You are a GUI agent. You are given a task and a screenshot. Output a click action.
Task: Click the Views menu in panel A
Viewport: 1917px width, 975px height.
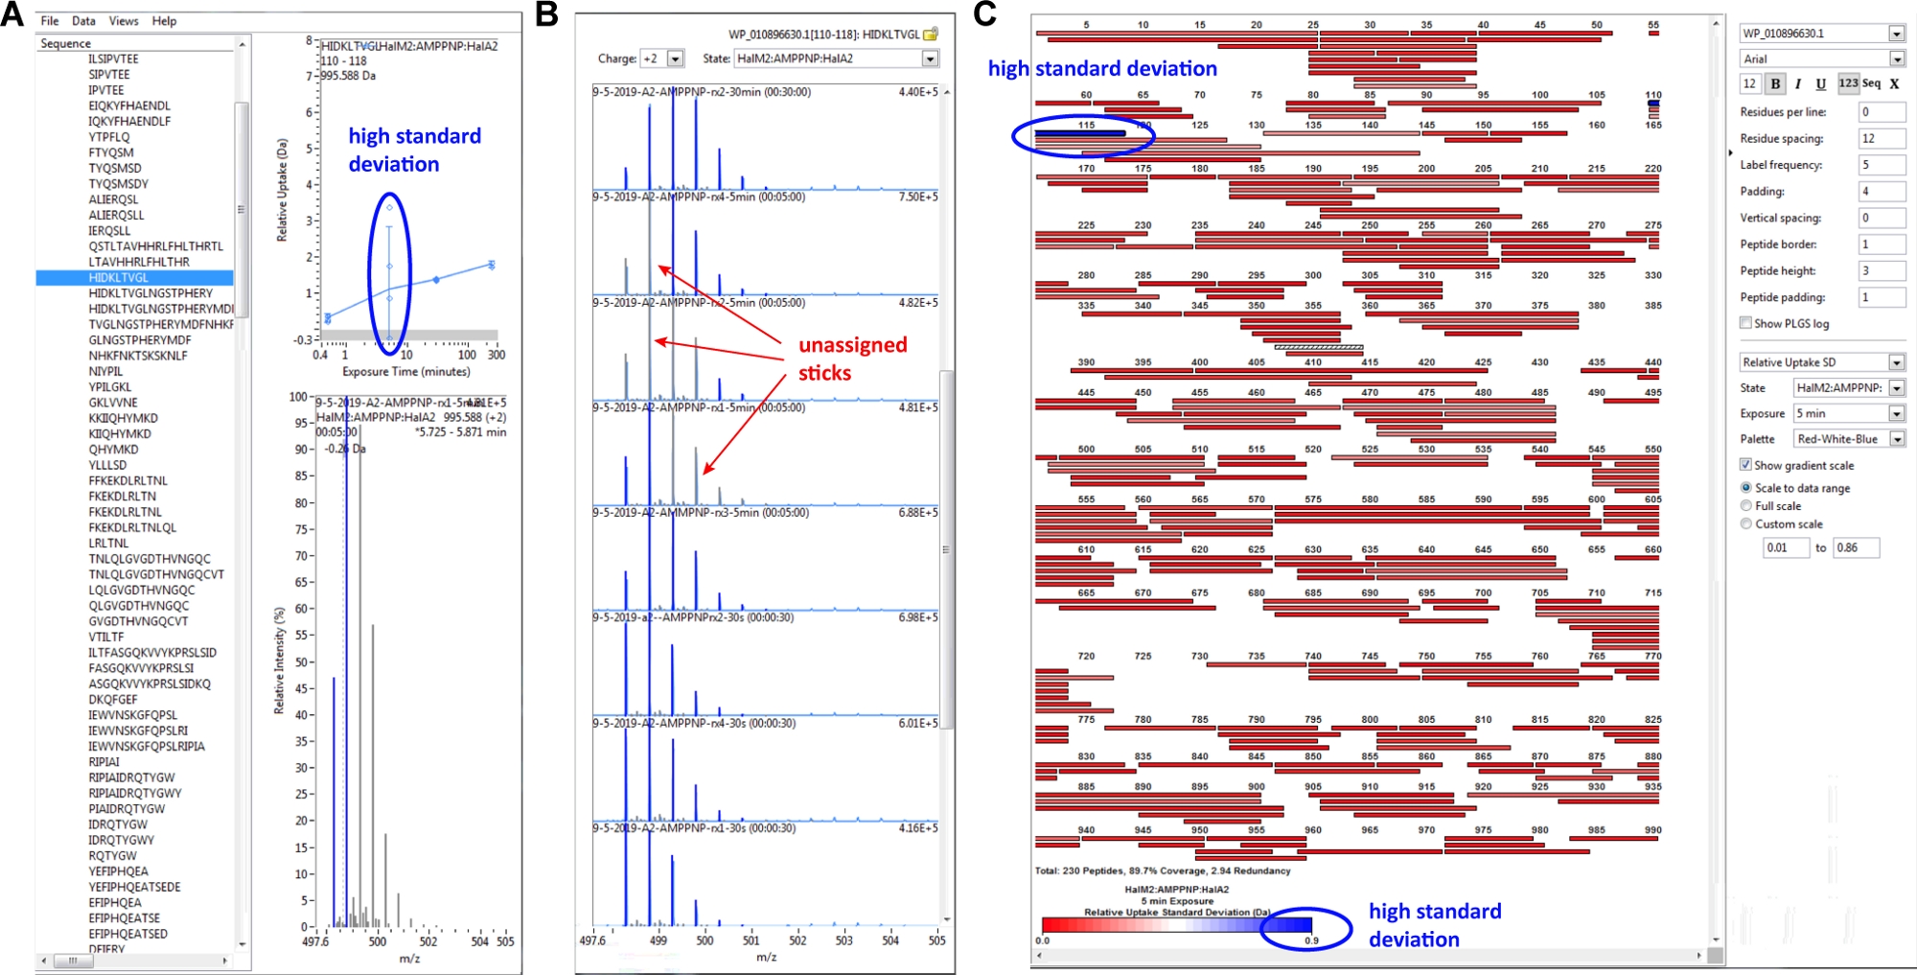click(x=124, y=21)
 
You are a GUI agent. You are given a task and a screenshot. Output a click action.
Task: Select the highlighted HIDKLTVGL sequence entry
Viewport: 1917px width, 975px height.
click(x=119, y=278)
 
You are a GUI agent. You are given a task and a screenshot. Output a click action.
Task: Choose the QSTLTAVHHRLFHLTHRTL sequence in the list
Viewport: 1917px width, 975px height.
click(x=156, y=246)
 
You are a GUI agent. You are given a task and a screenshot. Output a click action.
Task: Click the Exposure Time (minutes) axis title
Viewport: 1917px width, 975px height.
click(x=406, y=372)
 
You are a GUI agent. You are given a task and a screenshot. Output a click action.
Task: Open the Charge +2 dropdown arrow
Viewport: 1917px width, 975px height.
click(x=676, y=58)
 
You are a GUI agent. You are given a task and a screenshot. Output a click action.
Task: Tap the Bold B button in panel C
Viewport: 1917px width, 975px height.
click(x=1776, y=83)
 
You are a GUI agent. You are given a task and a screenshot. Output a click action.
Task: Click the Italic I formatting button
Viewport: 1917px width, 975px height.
click(x=1798, y=83)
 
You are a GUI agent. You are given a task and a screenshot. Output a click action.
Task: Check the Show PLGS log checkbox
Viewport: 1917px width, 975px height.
click(x=1746, y=323)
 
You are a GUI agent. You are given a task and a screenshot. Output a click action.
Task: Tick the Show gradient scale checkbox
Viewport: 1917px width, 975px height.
click(x=1746, y=465)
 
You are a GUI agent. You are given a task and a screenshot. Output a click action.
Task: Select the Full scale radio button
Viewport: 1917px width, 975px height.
click(x=1746, y=505)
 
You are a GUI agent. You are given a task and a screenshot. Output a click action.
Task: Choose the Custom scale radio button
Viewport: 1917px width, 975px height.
click(x=1746, y=523)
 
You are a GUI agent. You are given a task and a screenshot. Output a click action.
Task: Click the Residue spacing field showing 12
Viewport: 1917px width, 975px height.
click(x=1881, y=138)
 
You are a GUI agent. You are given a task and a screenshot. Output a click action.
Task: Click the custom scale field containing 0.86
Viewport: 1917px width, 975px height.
click(x=1856, y=547)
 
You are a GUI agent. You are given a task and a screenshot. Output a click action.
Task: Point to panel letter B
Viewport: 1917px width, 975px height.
click(x=546, y=14)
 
